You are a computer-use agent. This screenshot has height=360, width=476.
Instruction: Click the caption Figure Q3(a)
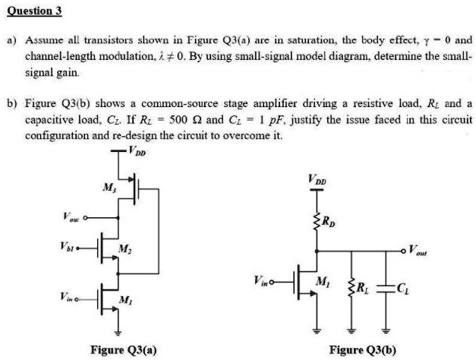coord(123,349)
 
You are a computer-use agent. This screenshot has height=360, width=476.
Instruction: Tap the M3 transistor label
coord(108,188)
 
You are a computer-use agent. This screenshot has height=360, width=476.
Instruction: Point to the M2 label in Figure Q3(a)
coord(123,252)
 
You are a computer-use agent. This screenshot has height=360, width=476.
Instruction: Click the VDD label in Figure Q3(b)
coord(319,181)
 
